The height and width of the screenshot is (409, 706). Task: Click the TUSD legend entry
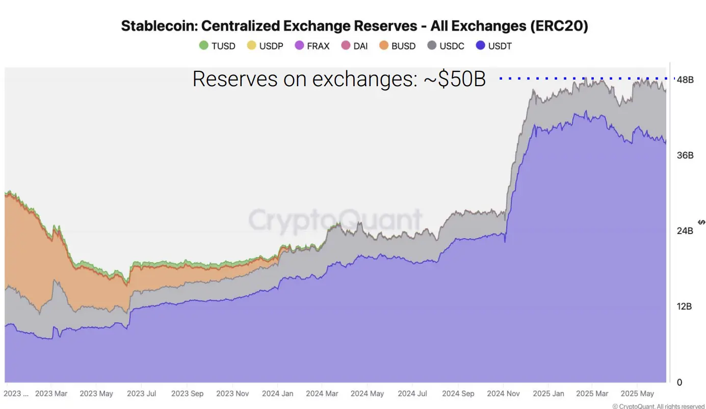point(218,46)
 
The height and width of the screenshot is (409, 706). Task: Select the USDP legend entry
point(265,46)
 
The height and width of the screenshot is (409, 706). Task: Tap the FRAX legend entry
point(312,46)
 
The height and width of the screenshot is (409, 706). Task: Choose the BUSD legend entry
point(398,46)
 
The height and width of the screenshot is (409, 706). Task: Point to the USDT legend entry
point(493,46)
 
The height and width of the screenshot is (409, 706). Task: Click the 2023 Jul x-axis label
point(142,394)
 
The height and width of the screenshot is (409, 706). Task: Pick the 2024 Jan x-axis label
point(277,394)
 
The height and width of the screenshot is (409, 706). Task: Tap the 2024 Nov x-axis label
point(503,394)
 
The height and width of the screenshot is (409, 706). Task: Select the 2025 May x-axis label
point(637,394)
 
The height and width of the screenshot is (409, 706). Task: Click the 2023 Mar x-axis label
point(51,394)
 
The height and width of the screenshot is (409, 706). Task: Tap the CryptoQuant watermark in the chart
point(335,220)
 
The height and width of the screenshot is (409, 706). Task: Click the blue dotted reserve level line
point(586,79)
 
